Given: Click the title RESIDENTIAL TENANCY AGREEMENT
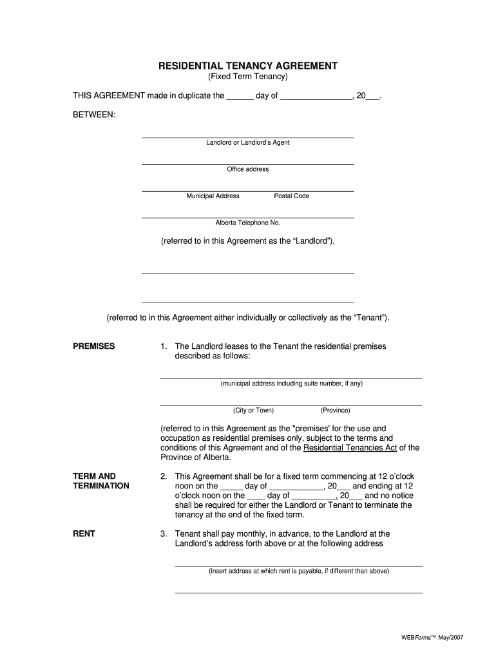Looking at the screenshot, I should coord(248,66).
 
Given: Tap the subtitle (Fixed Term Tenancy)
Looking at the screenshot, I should coord(248,77).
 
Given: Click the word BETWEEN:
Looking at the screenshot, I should coord(94,114).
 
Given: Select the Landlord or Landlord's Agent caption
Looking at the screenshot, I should coord(247,142).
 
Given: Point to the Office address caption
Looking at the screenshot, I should coord(247,169).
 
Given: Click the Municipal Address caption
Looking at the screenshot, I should coord(213,196).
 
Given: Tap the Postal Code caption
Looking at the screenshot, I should coord(291,196).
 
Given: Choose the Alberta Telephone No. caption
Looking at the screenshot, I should coord(247,223).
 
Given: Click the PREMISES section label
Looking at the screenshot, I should coord(94,346).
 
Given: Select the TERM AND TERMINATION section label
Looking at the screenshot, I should coord(101,481).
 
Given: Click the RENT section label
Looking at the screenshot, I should coord(84,534).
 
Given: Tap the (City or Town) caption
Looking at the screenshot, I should coord(253,410).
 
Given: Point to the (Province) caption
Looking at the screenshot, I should coord(335,410).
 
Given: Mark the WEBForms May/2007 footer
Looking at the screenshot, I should coord(432,637).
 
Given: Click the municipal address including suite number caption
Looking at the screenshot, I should coord(291,384).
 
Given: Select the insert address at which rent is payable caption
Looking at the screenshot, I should coord(298,571).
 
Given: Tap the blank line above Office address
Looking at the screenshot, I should coord(247,163).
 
